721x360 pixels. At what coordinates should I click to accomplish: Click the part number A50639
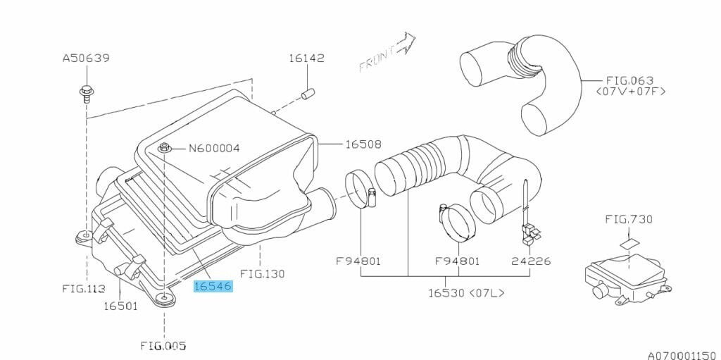[86, 58]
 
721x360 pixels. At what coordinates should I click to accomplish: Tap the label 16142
[307, 58]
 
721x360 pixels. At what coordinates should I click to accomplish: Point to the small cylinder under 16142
[307, 94]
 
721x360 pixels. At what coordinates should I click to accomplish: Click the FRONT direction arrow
[387, 51]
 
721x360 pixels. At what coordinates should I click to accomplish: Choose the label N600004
[214, 148]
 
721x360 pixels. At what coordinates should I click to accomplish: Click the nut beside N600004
[165, 148]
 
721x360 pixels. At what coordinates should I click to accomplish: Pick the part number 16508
[363, 144]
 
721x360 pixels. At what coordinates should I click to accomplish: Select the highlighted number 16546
[213, 287]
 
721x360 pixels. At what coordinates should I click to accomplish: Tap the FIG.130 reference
[262, 274]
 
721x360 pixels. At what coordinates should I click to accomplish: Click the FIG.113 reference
[84, 289]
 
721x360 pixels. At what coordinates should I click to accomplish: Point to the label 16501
[120, 306]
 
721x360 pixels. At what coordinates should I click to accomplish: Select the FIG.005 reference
[163, 346]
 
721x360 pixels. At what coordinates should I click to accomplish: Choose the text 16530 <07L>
[466, 293]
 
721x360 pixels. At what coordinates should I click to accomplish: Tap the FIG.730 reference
[629, 219]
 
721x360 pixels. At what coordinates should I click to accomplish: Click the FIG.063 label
[630, 81]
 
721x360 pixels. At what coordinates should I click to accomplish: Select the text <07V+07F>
[630, 92]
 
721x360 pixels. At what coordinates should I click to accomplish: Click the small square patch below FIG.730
[629, 243]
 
